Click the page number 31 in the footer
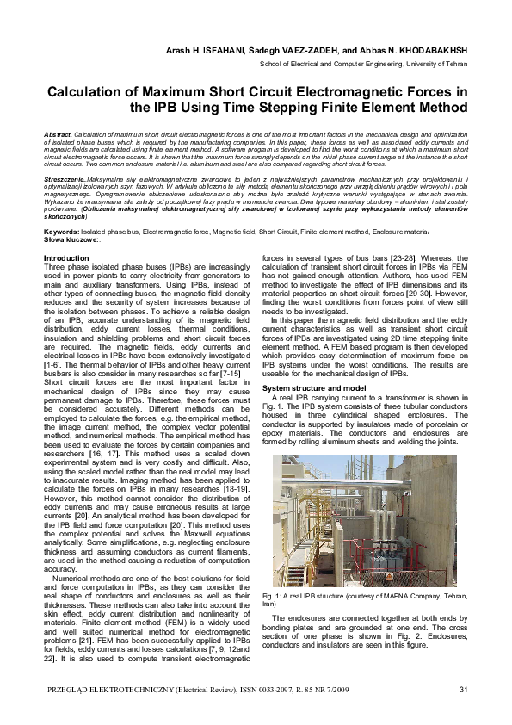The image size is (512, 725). pos(462,690)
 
